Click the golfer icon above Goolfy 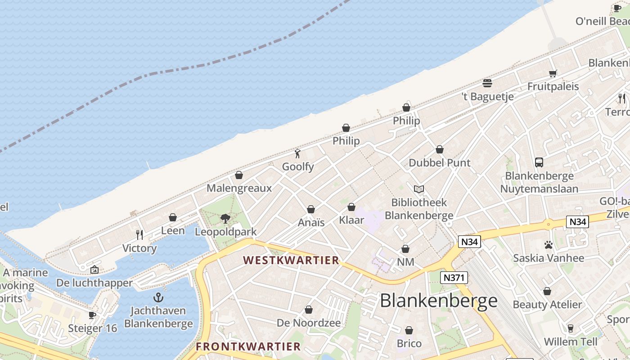[x=297, y=153]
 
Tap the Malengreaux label [x=239, y=188]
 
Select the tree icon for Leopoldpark [x=225, y=219]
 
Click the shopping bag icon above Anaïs [x=310, y=209]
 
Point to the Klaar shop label [x=351, y=220]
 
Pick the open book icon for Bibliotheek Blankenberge [x=419, y=189]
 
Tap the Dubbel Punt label [x=439, y=163]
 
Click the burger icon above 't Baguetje [x=487, y=83]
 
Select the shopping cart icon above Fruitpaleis [x=553, y=73]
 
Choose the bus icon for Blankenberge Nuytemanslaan [x=539, y=162]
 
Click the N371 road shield [x=454, y=278]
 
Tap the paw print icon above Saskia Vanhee [x=549, y=245]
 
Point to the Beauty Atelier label [x=547, y=305]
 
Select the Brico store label [x=409, y=344]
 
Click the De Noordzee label [x=309, y=323]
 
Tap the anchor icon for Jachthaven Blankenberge [x=158, y=297]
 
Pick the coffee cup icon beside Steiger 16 [x=92, y=315]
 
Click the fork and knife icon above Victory [x=139, y=235]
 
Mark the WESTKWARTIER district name [x=291, y=261]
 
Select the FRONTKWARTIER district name [x=248, y=346]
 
